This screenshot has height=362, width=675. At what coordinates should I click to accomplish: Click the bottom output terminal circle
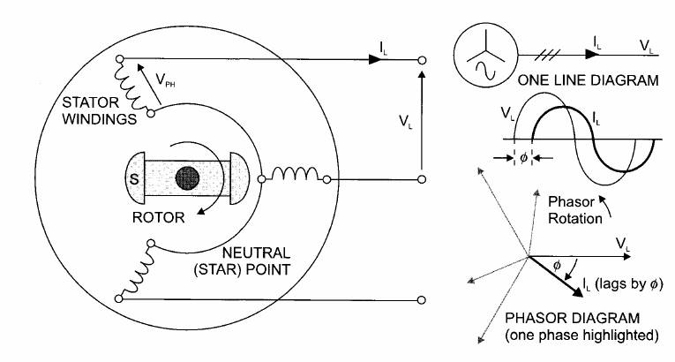pyautogui.click(x=423, y=300)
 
